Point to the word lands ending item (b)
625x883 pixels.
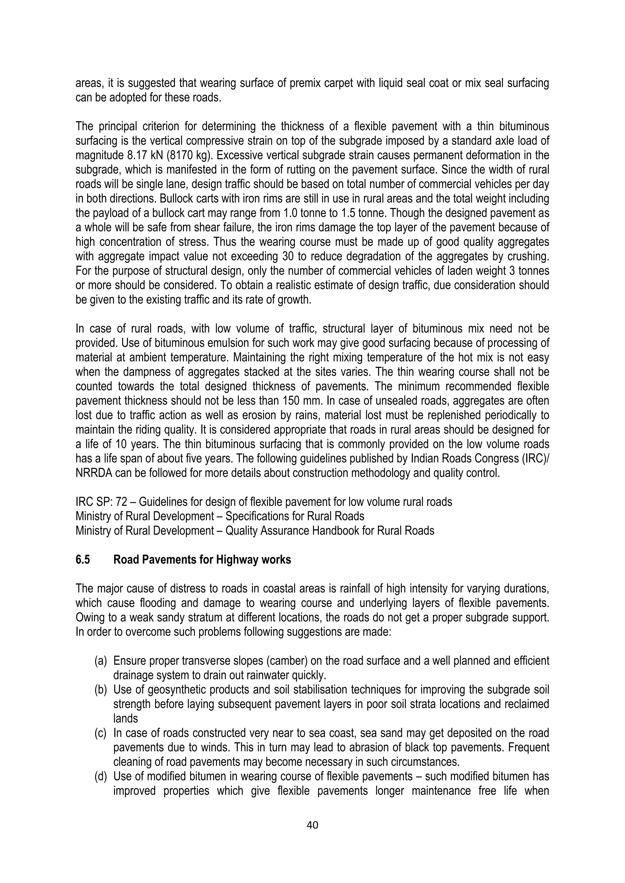[125, 718]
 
